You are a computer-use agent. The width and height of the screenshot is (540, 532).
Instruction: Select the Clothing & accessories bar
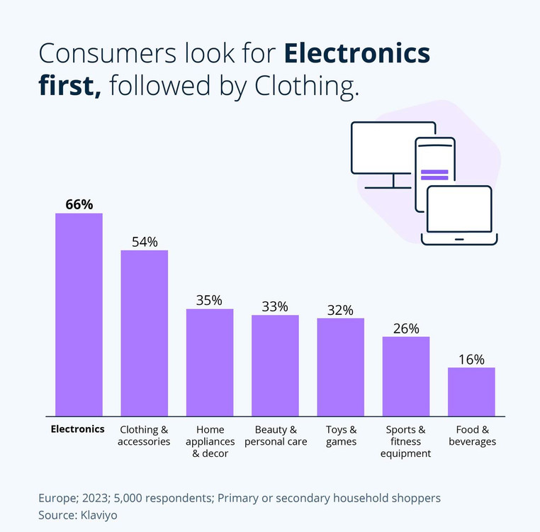[145, 333]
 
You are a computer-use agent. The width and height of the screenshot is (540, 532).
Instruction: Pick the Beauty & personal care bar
[275, 365]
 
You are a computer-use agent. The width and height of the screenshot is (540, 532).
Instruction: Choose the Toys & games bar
[340, 367]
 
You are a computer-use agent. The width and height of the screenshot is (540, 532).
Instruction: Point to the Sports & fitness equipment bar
[406, 376]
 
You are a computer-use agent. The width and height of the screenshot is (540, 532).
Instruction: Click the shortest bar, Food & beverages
[471, 392]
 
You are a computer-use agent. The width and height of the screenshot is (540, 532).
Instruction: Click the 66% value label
[79, 204]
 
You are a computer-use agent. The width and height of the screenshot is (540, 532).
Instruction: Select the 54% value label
[145, 241]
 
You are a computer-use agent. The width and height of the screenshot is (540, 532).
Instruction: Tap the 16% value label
[471, 359]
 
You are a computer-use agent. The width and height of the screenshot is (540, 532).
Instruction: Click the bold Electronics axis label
[78, 429]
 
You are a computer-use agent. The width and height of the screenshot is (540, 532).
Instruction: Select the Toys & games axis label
[341, 436]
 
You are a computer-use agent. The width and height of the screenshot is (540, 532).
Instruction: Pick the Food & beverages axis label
[471, 436]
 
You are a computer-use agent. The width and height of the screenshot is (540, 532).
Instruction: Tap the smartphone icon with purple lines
[434, 163]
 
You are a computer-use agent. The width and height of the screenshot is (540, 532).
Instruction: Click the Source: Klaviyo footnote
[78, 516]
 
